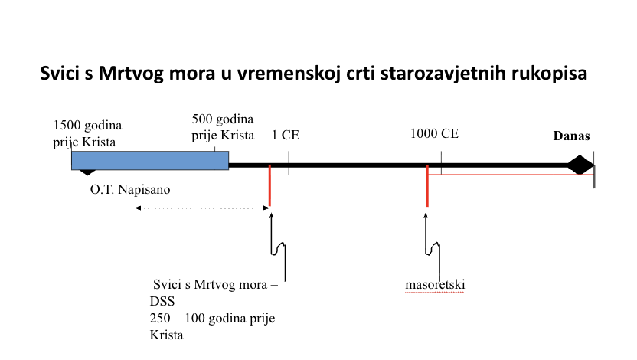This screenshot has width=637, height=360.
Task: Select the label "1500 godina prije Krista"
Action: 87,133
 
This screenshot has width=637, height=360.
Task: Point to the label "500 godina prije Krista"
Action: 223,127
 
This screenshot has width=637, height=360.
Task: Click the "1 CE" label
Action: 285,135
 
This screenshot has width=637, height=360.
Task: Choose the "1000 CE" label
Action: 434,133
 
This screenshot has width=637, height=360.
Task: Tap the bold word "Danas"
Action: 572,136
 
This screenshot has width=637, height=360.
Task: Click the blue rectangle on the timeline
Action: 150,161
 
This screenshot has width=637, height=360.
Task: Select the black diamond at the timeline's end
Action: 580,165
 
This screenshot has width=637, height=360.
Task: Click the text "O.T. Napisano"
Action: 130,189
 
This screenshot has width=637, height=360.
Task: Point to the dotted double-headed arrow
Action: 202,208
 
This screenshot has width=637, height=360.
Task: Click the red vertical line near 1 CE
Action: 269,185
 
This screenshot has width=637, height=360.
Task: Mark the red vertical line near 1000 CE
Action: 427,185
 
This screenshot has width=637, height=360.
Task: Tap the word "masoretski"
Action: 435,284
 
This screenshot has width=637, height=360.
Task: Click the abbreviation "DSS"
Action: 162,301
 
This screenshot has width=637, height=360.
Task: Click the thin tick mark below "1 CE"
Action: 289,163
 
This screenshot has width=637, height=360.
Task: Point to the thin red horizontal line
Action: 511,175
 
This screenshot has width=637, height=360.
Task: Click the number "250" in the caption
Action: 160,318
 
